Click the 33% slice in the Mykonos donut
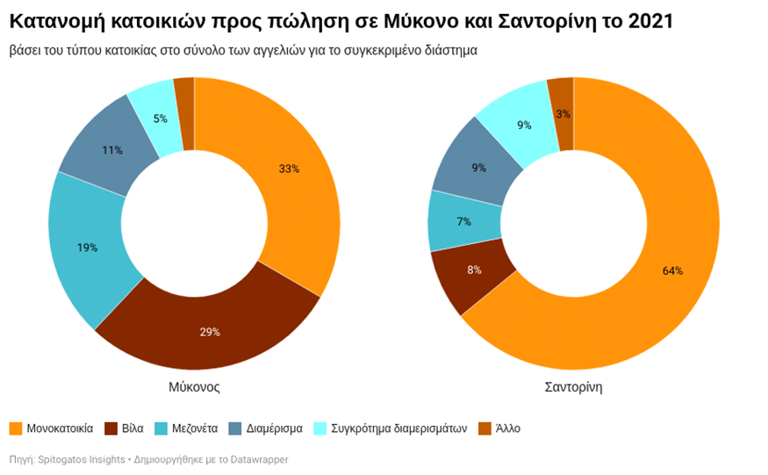coord(289,169)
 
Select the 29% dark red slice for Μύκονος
coord(209,331)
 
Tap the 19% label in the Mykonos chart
coord(87,248)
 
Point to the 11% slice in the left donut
coord(111,150)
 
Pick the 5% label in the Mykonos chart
coord(160,119)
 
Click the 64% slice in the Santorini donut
coord(672,270)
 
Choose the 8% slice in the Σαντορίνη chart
coord(474,270)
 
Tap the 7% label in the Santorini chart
coord(463,221)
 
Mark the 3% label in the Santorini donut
coord(563,114)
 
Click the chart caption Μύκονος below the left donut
coord(194,386)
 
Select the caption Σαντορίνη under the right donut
coord(573,386)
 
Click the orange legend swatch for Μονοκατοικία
coord(16,428)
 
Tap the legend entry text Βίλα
coord(133,428)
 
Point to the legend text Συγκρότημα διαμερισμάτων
coord(399,428)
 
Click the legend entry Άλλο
coord(508,428)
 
